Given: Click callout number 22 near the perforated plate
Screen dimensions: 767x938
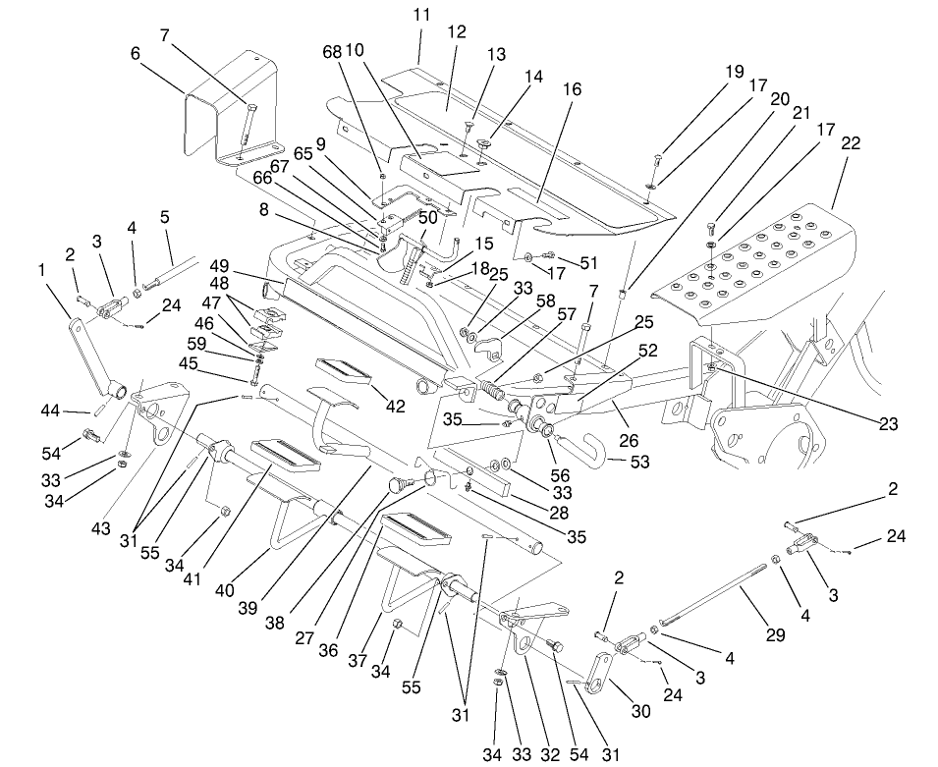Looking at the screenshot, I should pos(851,142).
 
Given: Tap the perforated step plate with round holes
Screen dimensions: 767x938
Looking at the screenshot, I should pos(766,260).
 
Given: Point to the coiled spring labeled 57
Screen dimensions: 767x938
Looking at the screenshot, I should pos(492,386).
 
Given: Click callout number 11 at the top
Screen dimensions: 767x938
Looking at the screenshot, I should pos(421,16).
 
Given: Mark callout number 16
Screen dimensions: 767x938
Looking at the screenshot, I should pos(572,89).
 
